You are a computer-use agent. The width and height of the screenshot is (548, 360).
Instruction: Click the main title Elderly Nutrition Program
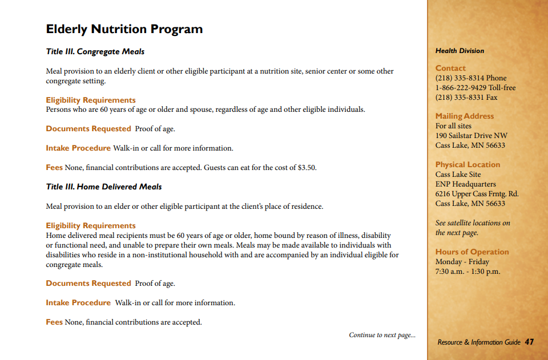(124, 29)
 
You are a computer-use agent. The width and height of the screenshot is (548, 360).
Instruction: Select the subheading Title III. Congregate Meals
(95, 51)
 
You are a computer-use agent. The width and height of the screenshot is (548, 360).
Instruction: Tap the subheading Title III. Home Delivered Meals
(104, 187)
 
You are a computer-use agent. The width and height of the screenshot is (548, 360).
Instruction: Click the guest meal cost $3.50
(307, 168)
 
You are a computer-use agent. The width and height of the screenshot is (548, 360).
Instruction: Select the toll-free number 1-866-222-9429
(465, 88)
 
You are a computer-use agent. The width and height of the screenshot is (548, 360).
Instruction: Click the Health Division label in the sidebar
(460, 51)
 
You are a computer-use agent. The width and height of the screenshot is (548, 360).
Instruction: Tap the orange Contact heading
(450, 68)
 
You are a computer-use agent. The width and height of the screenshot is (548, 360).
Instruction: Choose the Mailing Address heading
(465, 116)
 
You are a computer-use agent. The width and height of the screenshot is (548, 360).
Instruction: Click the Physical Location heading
(468, 164)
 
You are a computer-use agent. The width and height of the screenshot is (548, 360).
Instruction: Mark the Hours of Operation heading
(472, 252)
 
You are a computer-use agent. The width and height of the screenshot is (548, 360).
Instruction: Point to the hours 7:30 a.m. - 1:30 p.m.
(468, 272)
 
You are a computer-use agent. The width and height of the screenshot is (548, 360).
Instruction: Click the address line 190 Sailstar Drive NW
(471, 136)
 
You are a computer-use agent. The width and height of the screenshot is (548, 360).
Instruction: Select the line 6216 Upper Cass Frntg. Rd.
(477, 194)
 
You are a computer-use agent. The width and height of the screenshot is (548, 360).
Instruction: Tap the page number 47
(529, 342)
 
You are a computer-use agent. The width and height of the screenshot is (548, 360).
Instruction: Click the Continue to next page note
(382, 335)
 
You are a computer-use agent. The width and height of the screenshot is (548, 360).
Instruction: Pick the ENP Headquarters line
(465, 184)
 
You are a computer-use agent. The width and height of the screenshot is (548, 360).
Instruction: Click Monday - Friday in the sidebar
(462, 262)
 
